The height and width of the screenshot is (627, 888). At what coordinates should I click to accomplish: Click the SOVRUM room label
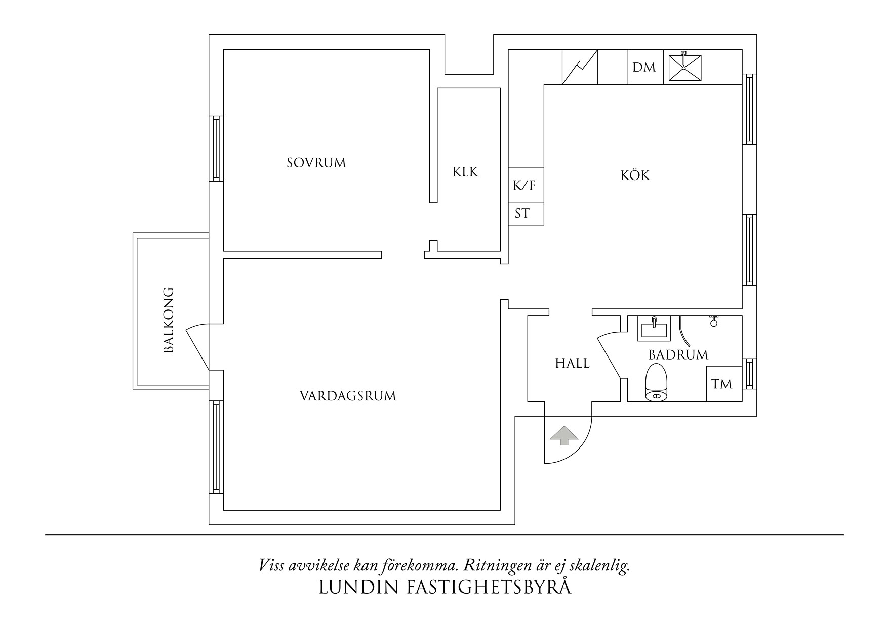[316, 163]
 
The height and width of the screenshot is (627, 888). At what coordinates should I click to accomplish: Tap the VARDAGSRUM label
[348, 396]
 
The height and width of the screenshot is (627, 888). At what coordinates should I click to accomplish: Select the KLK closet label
[465, 172]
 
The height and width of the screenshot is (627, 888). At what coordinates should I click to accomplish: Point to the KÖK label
[635, 176]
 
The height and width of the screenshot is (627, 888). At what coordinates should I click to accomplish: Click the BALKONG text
[169, 320]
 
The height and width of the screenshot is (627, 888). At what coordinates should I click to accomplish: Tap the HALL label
[572, 363]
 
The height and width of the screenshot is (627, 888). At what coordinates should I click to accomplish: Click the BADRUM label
[678, 355]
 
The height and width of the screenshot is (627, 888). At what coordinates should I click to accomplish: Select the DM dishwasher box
[644, 67]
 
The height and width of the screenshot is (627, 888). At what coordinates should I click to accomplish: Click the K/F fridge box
[525, 185]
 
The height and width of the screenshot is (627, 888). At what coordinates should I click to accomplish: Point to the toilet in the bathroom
[657, 383]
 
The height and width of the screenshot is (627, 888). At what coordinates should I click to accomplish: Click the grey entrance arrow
[563, 435]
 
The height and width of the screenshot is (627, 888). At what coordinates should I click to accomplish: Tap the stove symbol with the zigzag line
[580, 67]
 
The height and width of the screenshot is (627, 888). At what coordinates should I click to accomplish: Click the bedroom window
[217, 148]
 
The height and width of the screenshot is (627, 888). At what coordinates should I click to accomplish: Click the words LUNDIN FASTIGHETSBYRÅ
[445, 587]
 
